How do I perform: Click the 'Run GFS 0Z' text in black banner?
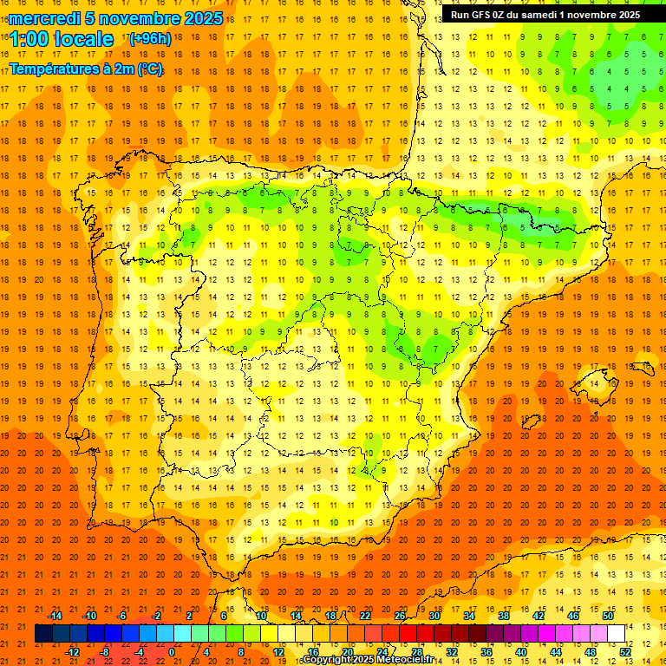[x=480, y=15]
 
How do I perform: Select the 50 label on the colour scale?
[x=608, y=616]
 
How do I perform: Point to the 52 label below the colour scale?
[x=625, y=651]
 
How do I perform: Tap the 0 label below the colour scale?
[x=173, y=651]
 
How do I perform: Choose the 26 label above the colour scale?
[x=400, y=616]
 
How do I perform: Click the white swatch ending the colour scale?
[x=616, y=634]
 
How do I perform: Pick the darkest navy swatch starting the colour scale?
[x=43, y=634]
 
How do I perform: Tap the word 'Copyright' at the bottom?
[x=330, y=660]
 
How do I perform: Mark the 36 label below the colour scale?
[x=486, y=651]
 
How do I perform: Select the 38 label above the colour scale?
[x=504, y=616]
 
